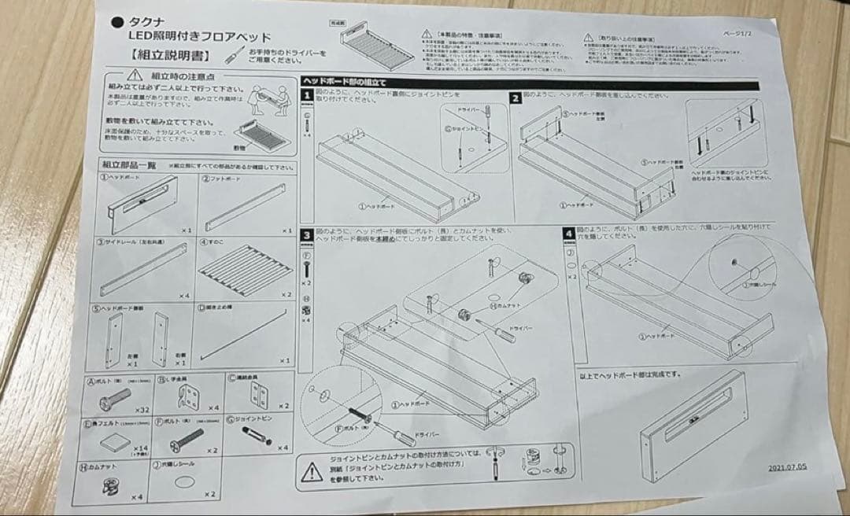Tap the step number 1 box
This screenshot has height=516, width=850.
pyautogui.click(x=308, y=96)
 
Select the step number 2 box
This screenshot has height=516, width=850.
pyautogui.click(x=515, y=98)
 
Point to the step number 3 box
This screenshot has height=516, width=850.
pyautogui.click(x=307, y=235)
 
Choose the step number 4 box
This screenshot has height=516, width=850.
pyautogui.click(x=568, y=234)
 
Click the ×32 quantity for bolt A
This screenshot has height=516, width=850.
pyautogui.click(x=142, y=410)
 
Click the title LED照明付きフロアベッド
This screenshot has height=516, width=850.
pyautogui.click(x=200, y=37)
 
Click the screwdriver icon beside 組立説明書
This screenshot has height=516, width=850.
pyautogui.click(x=234, y=55)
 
